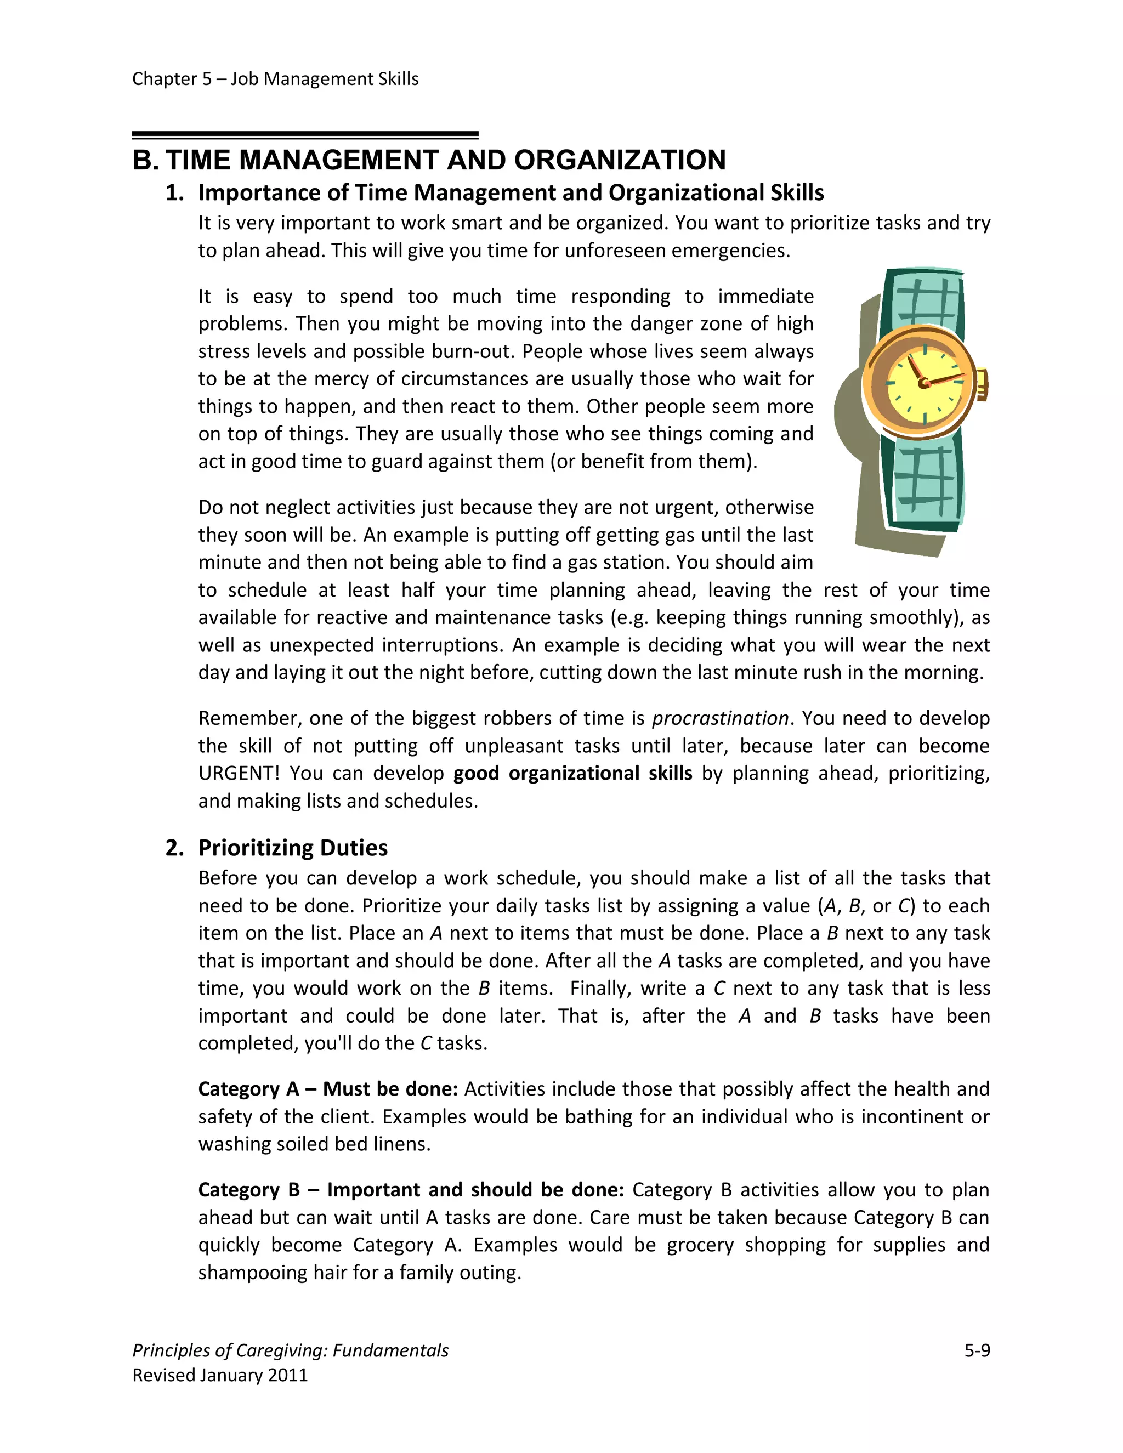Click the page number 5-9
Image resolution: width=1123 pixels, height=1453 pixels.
(977, 1350)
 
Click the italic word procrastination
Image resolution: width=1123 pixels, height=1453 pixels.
(720, 718)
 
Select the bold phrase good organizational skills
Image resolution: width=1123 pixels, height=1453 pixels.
(573, 773)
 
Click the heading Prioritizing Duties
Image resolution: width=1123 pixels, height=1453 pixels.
(293, 848)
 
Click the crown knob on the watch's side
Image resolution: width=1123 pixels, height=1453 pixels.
(982, 384)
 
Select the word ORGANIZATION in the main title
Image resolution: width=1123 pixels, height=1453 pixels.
(620, 160)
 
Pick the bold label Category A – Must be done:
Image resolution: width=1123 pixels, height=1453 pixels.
(328, 1088)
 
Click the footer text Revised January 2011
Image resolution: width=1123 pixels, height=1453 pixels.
(220, 1375)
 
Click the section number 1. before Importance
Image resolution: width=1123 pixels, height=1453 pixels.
(174, 193)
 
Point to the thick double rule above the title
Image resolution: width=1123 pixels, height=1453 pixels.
(305, 135)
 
